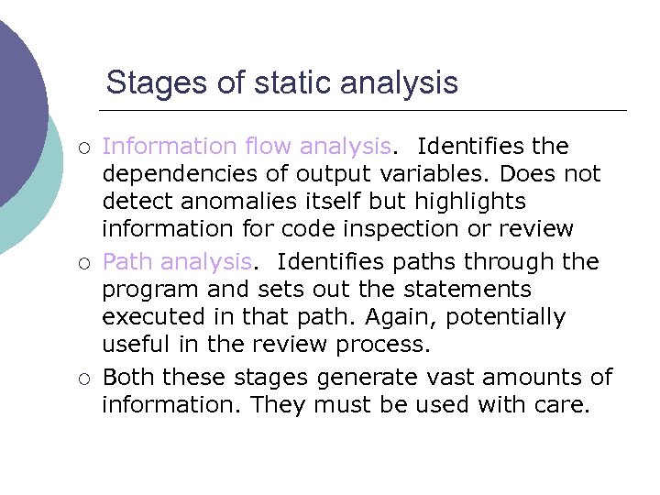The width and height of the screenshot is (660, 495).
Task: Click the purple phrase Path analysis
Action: (x=176, y=262)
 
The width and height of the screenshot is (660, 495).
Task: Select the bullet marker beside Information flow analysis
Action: (x=83, y=148)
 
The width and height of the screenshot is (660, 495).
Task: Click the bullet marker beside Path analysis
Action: (x=83, y=263)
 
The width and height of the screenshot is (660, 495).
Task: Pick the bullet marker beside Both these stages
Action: (x=83, y=378)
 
